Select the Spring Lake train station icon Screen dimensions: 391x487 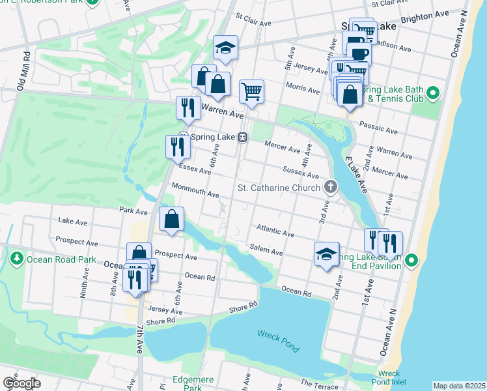pos(242,137)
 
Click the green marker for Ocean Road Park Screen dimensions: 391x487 pos(16,259)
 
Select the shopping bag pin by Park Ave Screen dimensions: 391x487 pos(171,220)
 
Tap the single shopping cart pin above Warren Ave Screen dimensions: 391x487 pos(251,91)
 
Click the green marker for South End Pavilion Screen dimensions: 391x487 pos(411,261)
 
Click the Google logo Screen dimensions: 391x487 pos(21,383)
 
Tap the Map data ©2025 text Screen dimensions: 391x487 pos(459,386)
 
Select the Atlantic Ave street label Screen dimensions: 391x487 pos(275,230)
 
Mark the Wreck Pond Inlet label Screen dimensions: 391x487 pos(389,378)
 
